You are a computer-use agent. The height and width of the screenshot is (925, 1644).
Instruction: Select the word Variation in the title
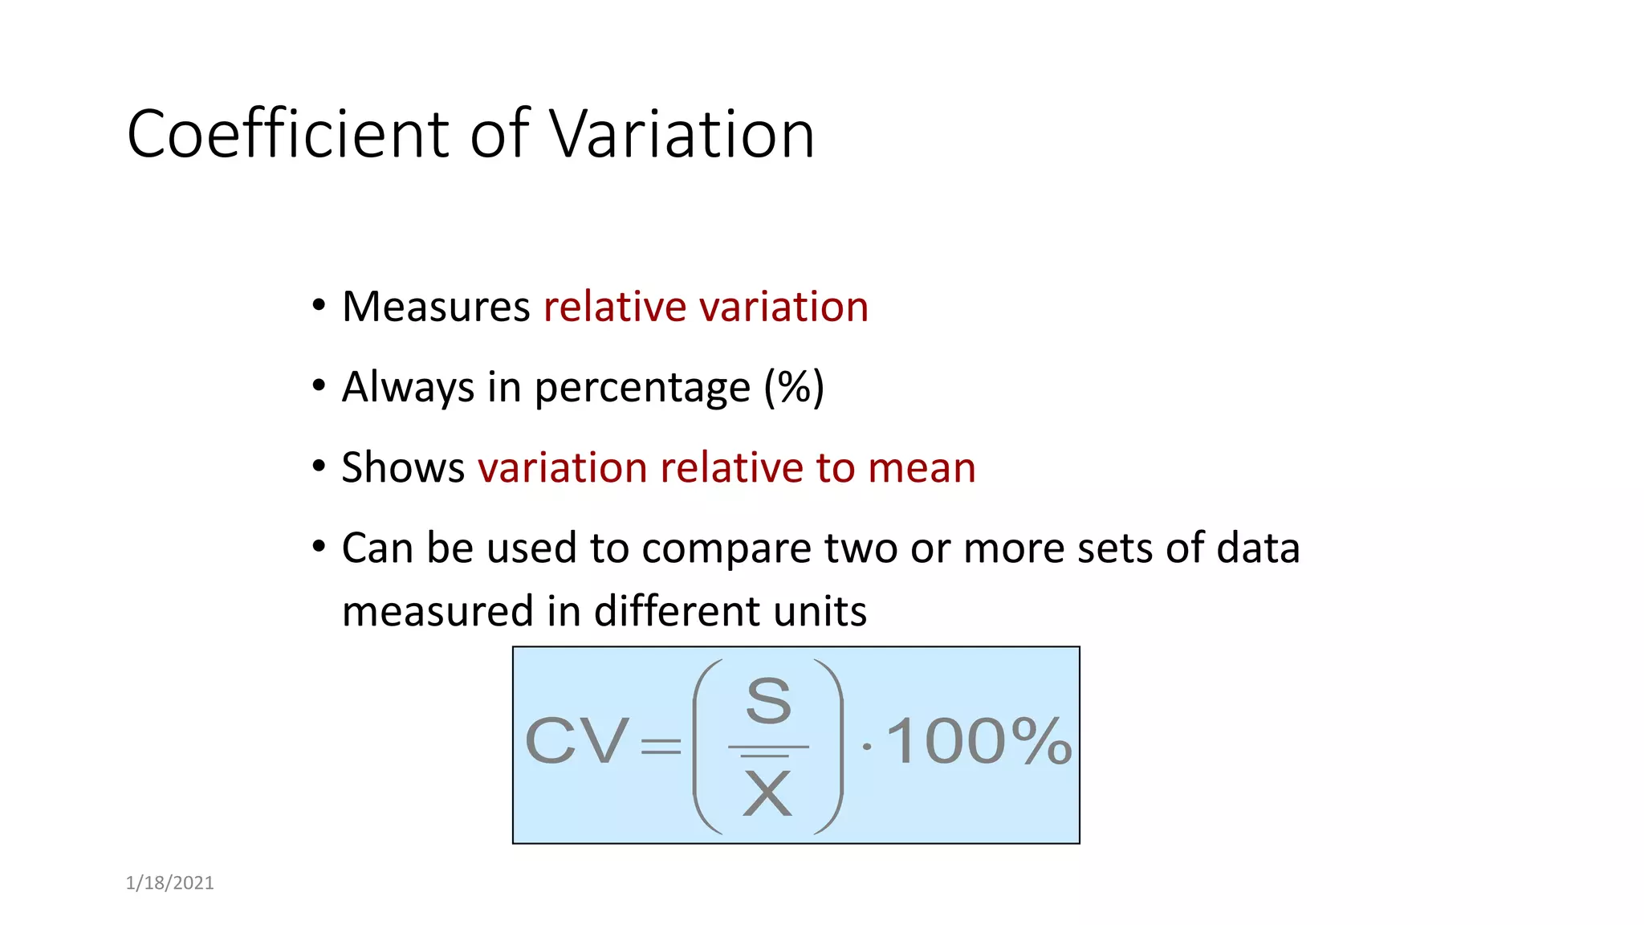coord(682,134)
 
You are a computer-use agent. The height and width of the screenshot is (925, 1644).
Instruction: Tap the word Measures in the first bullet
coord(436,307)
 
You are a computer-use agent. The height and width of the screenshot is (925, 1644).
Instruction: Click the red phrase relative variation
coord(706,307)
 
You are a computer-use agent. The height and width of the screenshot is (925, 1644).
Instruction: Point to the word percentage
coord(642,388)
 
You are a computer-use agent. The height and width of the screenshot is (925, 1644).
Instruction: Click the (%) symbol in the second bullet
coord(794,388)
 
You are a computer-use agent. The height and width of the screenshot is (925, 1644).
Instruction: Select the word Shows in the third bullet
coord(403,467)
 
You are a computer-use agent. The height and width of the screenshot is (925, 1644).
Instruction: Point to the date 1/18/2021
coord(170,883)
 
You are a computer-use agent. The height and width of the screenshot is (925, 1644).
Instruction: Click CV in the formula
coord(576,741)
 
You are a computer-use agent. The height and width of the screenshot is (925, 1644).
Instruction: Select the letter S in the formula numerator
coord(768,701)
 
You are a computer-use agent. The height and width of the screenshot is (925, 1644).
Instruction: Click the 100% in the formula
coord(979,741)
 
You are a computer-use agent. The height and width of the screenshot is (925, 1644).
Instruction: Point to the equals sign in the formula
coord(661,748)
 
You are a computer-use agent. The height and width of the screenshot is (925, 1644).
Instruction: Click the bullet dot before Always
coord(319,386)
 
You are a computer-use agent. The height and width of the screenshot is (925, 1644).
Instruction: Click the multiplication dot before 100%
coord(866,747)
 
